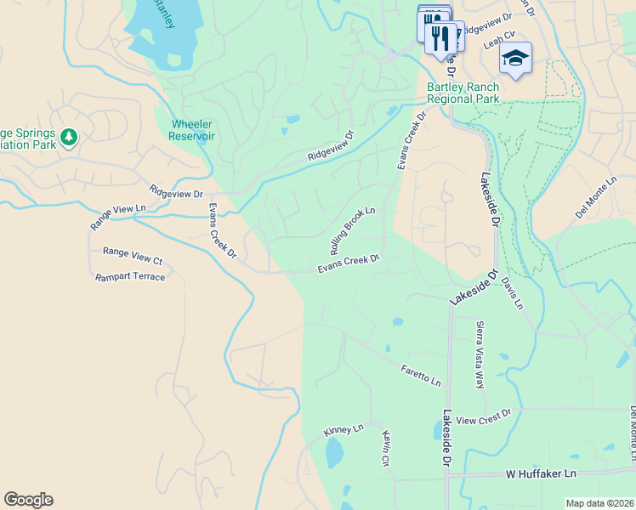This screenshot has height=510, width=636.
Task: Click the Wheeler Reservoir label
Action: point(191,129)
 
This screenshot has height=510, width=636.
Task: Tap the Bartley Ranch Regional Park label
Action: point(462,93)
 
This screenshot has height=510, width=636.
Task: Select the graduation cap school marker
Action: point(514,58)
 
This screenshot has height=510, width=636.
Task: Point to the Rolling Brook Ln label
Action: point(353,230)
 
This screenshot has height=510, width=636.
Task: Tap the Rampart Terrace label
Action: point(129,277)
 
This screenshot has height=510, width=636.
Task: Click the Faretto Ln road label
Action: point(421,375)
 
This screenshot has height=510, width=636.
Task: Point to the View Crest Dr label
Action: point(483,416)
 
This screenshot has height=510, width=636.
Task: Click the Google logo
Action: point(28,500)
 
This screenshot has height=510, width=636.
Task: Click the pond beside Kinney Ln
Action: point(334,453)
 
